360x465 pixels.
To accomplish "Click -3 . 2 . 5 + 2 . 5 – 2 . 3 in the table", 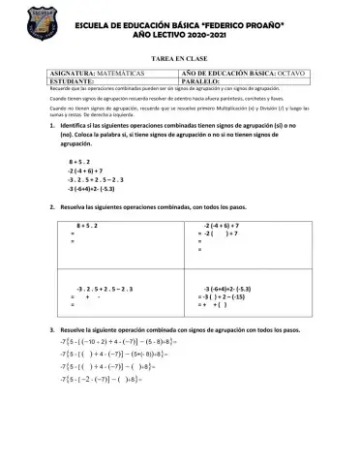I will [101, 289].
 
